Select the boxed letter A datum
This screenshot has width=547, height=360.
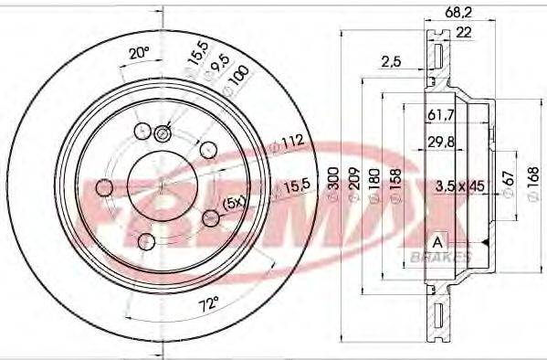pos(437,241)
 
